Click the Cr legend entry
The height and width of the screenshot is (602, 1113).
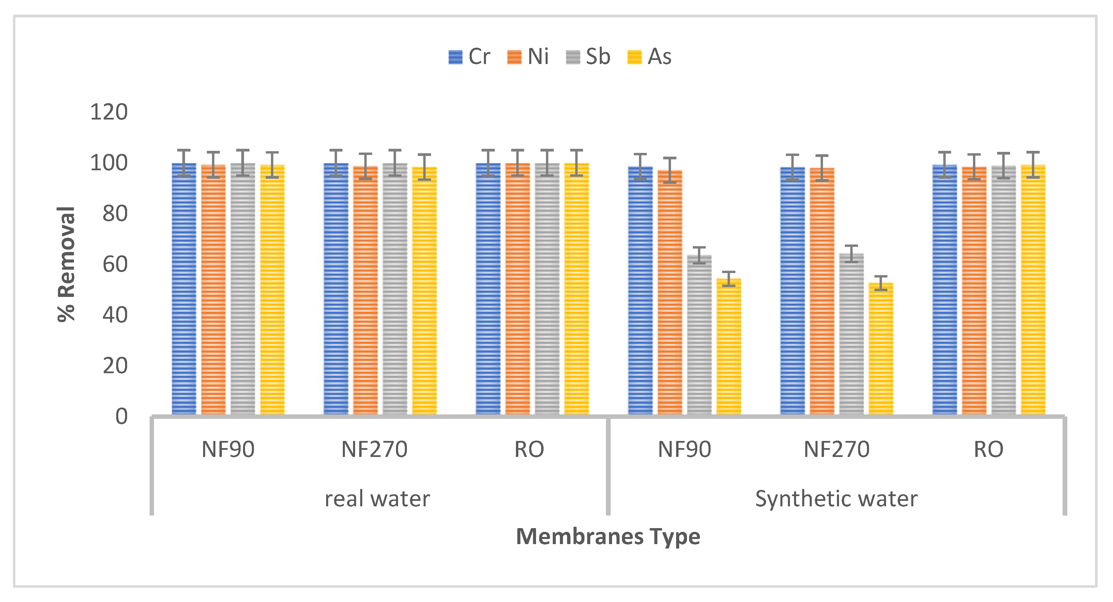pyautogui.click(x=469, y=57)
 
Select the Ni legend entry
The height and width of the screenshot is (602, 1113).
pyautogui.click(x=528, y=57)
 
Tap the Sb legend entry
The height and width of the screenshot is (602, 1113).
pyautogui.click(x=589, y=57)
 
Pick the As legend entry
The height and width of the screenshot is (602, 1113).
pyautogui.click(x=650, y=57)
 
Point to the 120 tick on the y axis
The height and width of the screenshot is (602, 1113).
pyautogui.click(x=109, y=112)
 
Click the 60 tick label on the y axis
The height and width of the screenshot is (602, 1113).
pyautogui.click(x=115, y=264)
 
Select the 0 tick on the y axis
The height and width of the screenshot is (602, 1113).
pyautogui.click(x=121, y=417)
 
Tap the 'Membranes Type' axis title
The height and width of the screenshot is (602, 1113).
pyautogui.click(x=608, y=537)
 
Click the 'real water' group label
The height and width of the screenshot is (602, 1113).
pyautogui.click(x=377, y=499)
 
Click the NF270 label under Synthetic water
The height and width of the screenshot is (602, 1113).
pyautogui.click(x=837, y=449)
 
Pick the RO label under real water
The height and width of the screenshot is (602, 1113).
pyautogui.click(x=529, y=449)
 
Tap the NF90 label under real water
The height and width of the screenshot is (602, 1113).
pyautogui.click(x=228, y=449)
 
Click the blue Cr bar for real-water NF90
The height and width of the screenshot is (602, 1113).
pyautogui.click(x=184, y=289)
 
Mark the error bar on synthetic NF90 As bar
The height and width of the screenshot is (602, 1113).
pyautogui.click(x=729, y=279)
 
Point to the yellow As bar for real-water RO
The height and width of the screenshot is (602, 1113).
pyautogui.click(x=576, y=289)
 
